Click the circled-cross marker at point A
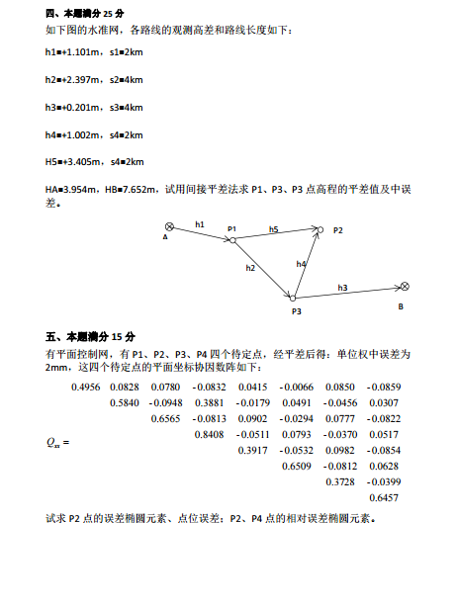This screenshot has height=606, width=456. [x=169, y=226]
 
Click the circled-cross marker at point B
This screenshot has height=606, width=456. [x=405, y=286]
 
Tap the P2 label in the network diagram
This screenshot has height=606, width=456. [x=337, y=229]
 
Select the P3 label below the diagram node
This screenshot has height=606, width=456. [x=296, y=310]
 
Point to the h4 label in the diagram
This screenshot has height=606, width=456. [x=301, y=264]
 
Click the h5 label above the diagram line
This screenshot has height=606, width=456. [x=273, y=228]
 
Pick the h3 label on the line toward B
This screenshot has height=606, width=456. [x=342, y=287]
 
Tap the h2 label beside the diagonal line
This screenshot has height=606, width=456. [x=250, y=268]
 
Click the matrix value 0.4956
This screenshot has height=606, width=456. [x=86, y=386]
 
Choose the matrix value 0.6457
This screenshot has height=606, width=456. [x=383, y=497]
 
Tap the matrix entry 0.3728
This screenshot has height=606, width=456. [x=340, y=481]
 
